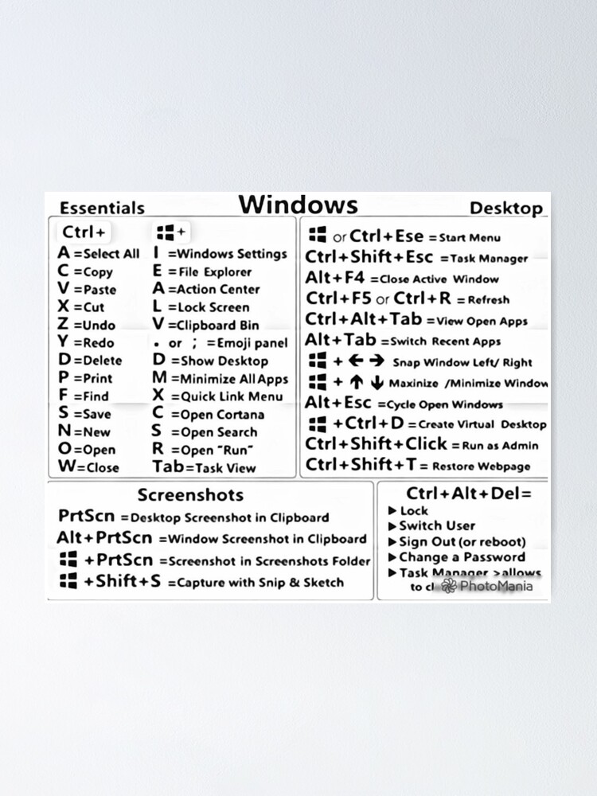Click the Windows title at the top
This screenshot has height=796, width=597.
(x=298, y=205)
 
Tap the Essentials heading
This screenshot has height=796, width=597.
(x=102, y=209)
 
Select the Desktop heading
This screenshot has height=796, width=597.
(x=505, y=209)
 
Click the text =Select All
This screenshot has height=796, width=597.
(x=106, y=254)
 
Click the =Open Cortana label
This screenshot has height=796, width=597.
(x=213, y=415)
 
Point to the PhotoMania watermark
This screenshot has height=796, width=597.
(x=487, y=586)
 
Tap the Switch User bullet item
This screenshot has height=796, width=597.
(x=437, y=525)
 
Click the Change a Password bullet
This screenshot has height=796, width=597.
(x=462, y=557)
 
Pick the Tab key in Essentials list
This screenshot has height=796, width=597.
(x=167, y=467)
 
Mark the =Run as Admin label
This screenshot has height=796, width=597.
(x=494, y=446)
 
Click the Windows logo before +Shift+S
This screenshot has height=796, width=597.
(x=68, y=581)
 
